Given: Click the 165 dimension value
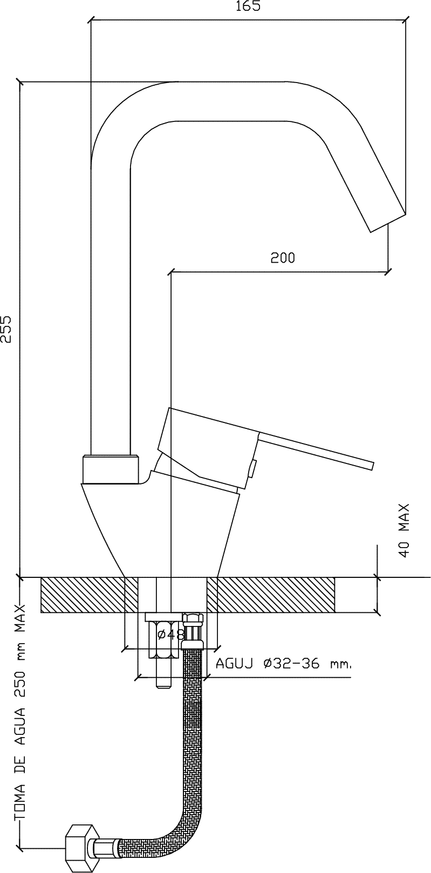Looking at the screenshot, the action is click(248, 6).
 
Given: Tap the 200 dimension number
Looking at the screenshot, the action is click(283, 257).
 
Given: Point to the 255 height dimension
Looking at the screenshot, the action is click(6, 329).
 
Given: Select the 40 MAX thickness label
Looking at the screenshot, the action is click(405, 531).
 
